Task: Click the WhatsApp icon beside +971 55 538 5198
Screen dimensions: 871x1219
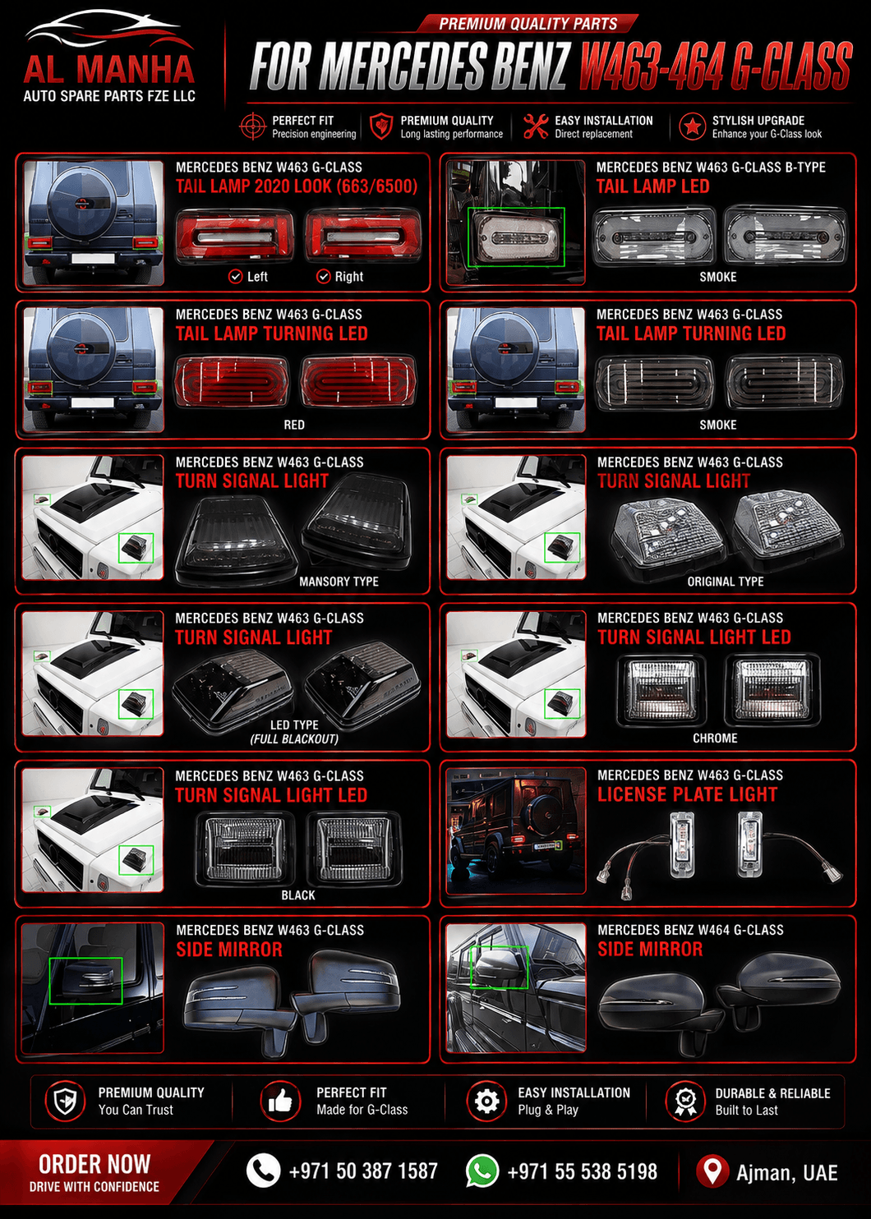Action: pos(482,1171)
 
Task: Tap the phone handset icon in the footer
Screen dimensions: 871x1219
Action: pos(264,1171)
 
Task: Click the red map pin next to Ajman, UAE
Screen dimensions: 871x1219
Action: pos(712,1171)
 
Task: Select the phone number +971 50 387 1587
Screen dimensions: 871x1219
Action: pos(363,1171)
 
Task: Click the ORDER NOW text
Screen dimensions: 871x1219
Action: pos(94,1164)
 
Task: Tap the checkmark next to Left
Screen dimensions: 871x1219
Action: pos(235,277)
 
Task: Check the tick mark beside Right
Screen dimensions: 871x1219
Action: pos(324,277)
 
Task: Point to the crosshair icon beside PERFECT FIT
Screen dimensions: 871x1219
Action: pos(252,126)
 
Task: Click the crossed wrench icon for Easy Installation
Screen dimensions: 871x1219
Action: pos(537,126)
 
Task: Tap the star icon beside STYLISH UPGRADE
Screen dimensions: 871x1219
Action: pos(693,126)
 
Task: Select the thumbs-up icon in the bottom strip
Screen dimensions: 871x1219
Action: pos(280,1101)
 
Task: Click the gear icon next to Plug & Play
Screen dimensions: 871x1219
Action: pos(486,1101)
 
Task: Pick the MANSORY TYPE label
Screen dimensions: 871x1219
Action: pos(339,582)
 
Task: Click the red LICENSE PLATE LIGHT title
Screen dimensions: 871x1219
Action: pos(687,794)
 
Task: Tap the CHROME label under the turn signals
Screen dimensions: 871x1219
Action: pos(715,738)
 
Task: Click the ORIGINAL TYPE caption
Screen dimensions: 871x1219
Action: pos(725,582)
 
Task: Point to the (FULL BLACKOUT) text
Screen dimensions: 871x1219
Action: pos(294,739)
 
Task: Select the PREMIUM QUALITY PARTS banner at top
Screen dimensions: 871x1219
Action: pos(528,24)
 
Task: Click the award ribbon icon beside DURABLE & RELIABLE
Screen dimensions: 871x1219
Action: pos(684,1101)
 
